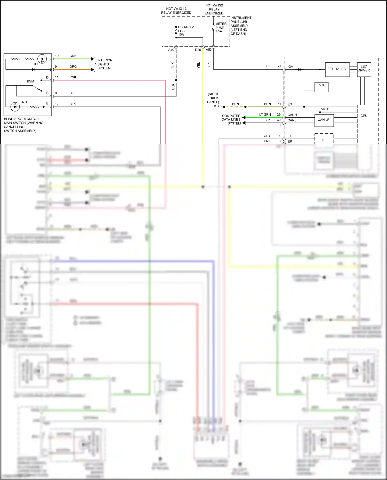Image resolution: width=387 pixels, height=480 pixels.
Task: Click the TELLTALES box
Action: pos(337,69)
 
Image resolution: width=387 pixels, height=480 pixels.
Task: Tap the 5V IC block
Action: pos(321,87)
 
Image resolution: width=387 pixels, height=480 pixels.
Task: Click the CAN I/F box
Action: pos(324,120)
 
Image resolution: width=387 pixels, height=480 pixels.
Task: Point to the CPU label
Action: pos(364,116)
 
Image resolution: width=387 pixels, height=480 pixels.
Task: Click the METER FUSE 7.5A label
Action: pos(221,28)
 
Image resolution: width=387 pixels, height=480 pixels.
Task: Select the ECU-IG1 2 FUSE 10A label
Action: pos(186,31)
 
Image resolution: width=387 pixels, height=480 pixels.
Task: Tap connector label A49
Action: pos(171,50)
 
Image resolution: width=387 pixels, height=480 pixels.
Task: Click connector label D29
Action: pos(198,50)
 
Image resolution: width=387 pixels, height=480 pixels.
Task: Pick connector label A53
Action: pos(208,50)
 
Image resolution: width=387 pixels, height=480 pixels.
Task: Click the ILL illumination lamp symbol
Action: pos(42,59)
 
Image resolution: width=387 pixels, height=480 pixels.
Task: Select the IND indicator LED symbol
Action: pos(15,107)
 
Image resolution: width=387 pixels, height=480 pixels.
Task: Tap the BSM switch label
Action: pos(30,81)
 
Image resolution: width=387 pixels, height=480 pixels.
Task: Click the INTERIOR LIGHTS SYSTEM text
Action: pos(104,64)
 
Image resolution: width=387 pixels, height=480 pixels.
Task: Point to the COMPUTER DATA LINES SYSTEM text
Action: pos(231,120)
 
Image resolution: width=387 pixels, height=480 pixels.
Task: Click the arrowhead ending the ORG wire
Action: pos(93,70)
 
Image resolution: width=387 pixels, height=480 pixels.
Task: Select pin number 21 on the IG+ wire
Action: pos(279,66)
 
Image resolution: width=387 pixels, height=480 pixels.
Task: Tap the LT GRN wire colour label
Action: pos(265,115)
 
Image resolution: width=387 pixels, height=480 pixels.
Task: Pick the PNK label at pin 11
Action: pos(73,77)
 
